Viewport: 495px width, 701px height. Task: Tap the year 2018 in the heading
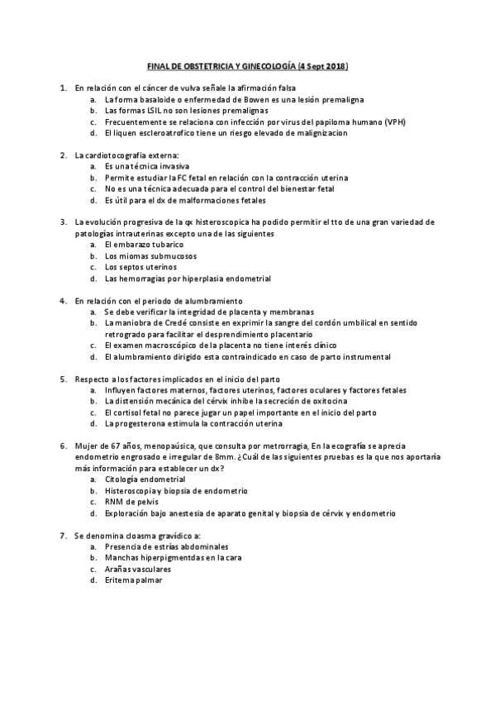point(332,64)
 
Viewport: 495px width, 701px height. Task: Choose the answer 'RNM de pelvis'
point(131,502)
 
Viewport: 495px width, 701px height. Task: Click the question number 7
point(64,536)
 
